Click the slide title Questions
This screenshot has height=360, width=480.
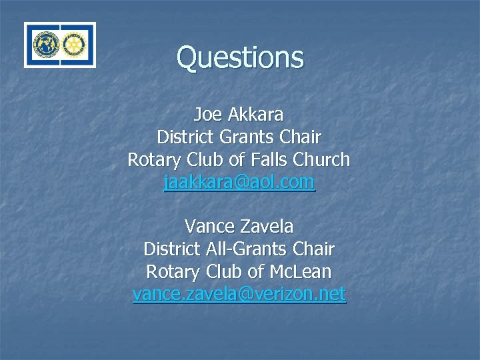240,57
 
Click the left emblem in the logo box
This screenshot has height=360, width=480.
46,45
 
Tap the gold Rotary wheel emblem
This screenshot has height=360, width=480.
74,45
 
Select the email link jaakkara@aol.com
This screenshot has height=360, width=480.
239,182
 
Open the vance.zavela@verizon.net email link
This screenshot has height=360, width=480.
239,294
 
